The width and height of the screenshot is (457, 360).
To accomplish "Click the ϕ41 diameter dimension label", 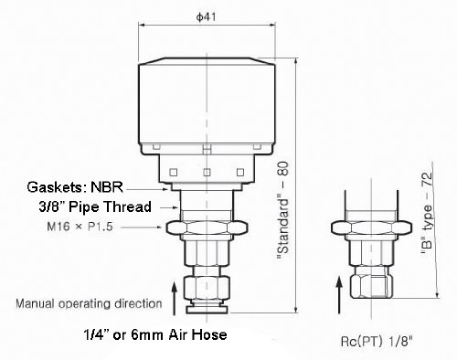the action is [x=207, y=16].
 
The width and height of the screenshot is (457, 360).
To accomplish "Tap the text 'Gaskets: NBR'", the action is [x=75, y=187].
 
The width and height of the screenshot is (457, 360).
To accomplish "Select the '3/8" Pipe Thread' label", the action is [x=95, y=206].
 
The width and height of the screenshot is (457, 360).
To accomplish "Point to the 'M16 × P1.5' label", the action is [x=80, y=227].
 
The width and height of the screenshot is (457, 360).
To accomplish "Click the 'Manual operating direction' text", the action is [x=89, y=303].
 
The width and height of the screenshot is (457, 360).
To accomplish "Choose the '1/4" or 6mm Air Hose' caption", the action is [x=155, y=334].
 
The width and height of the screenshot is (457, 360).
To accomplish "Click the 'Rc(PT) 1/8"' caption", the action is [x=377, y=342].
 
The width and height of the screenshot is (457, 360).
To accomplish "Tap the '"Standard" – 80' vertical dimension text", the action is [x=282, y=210].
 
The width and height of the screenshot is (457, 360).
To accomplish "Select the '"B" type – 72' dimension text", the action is [x=426, y=213].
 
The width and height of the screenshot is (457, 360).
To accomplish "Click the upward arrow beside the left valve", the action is [x=175, y=299].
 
